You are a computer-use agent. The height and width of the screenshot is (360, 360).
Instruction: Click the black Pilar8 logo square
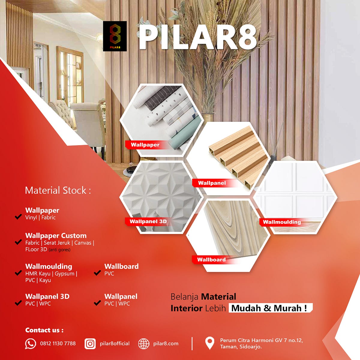click(115, 36)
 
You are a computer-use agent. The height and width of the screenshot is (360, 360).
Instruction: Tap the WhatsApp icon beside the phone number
click(31, 343)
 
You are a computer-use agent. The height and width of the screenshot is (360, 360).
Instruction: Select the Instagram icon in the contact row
click(90, 343)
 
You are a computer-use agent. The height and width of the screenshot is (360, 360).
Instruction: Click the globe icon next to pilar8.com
click(144, 344)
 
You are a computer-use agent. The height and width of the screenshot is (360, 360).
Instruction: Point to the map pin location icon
click(209, 343)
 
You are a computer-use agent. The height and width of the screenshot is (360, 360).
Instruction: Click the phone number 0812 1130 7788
click(58, 343)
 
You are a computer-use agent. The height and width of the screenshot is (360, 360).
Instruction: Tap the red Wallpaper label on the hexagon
click(145, 145)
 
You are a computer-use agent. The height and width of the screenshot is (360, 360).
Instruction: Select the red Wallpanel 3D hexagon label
click(148, 222)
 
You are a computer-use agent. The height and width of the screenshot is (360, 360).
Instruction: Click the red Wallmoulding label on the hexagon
click(282, 222)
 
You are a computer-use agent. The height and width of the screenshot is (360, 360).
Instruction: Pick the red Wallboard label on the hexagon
click(211, 260)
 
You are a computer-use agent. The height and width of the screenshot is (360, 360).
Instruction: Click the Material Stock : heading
click(58, 190)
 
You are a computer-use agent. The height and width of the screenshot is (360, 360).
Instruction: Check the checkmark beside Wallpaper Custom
click(18, 242)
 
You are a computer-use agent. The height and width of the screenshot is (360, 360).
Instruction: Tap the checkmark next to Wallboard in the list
click(97, 273)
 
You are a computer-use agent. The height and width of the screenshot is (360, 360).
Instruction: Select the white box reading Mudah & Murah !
click(270, 308)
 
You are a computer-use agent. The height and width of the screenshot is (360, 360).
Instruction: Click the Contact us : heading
click(44, 330)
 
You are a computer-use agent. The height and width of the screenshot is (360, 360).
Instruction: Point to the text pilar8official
click(115, 343)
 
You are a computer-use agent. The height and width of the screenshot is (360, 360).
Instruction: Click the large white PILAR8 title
click(198, 37)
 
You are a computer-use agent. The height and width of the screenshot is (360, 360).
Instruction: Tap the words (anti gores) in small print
click(59, 250)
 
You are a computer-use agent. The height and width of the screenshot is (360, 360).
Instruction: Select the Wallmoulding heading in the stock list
click(49, 266)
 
